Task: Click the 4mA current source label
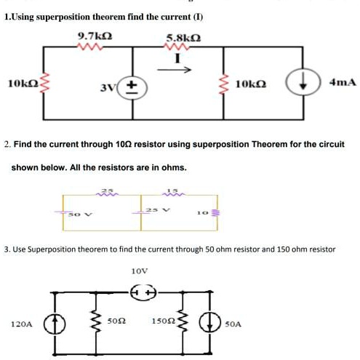343,83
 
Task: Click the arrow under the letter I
184,71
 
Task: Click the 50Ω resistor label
117,319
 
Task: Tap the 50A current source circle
210,321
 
